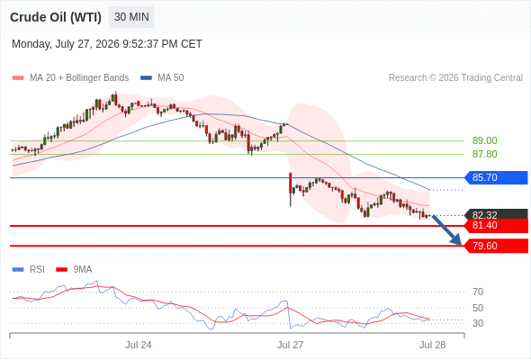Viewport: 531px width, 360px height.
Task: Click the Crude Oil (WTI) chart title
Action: (56, 17)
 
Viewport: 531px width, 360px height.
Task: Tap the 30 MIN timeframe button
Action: (131, 17)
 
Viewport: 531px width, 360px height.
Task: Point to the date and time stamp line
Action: (107, 44)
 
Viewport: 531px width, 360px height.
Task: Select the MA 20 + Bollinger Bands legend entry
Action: (70, 78)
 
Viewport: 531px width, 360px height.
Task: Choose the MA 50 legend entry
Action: (162, 78)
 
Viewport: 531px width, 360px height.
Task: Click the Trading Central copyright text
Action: (455, 78)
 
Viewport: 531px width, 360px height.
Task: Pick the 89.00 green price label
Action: (484, 140)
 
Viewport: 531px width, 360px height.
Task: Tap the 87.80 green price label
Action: (484, 154)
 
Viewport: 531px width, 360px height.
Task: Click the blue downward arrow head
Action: (457, 239)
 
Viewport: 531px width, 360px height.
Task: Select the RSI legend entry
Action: (28, 270)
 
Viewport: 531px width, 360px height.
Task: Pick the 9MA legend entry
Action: (74, 270)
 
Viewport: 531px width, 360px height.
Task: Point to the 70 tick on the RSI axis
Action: (478, 292)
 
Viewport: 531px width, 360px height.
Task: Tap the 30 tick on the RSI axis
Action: (478, 323)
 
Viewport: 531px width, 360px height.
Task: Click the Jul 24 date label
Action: (139, 345)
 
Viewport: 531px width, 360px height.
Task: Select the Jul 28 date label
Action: (433, 345)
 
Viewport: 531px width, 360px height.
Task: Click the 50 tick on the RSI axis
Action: (478, 308)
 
